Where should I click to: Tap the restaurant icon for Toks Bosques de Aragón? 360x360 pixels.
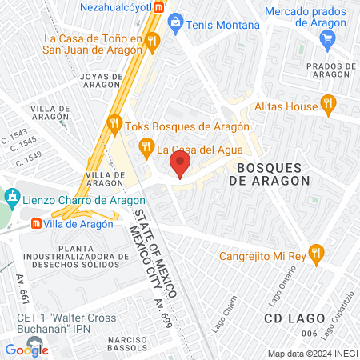[x=114, y=124]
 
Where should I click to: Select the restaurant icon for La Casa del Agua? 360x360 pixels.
[x=146, y=147]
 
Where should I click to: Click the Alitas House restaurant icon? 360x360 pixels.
[x=326, y=102]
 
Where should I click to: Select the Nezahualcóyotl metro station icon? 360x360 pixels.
[x=159, y=6]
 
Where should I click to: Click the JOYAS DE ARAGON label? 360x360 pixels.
[x=100, y=81]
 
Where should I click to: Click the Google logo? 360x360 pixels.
[x=26, y=350]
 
